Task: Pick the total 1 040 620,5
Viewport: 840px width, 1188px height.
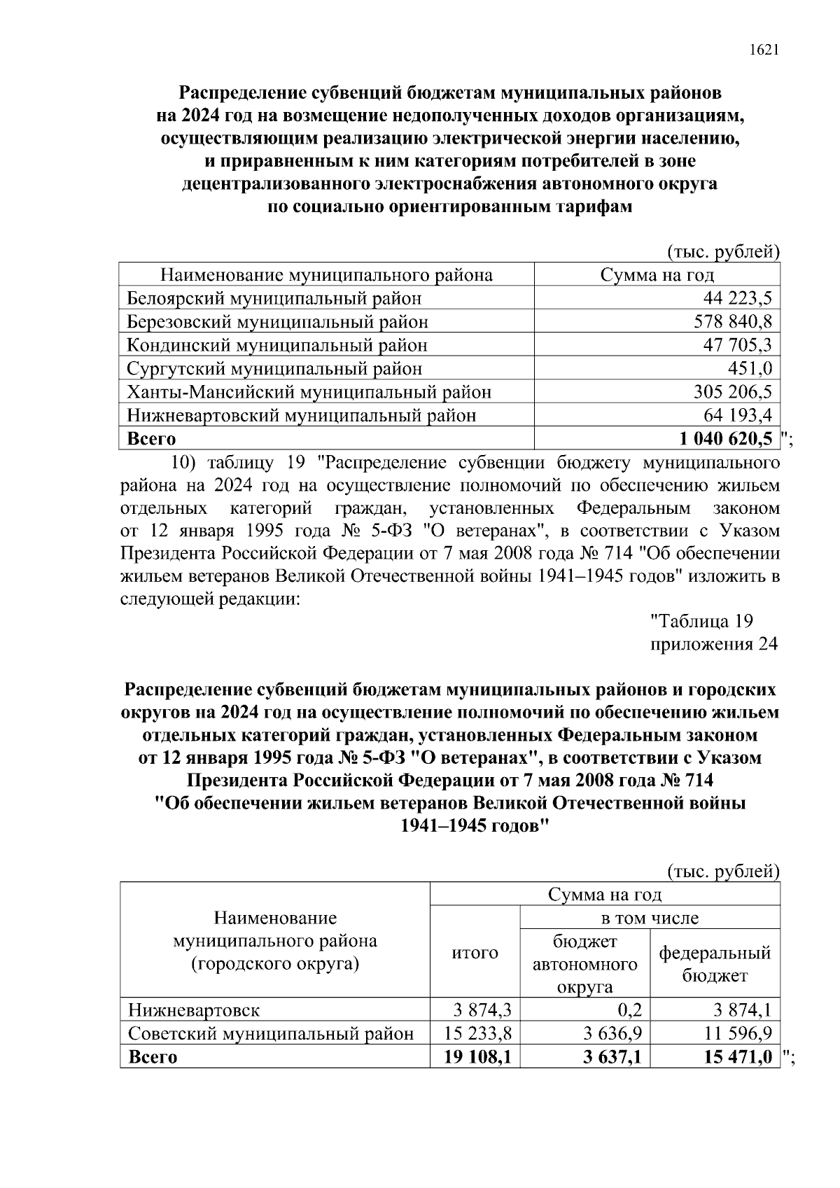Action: click(726, 439)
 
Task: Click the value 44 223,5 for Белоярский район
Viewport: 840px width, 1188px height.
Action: click(737, 299)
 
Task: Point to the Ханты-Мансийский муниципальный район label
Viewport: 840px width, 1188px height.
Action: click(309, 392)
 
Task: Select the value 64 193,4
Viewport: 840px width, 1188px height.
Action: click(737, 416)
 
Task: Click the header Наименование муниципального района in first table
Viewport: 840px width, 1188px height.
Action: click(326, 275)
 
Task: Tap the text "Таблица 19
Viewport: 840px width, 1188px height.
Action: click(701, 621)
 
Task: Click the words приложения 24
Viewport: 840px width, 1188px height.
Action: click(714, 644)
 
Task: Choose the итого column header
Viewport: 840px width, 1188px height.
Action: click(475, 953)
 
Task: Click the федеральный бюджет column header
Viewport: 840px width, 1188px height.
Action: click(715, 964)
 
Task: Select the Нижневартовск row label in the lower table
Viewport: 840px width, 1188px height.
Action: click(193, 1011)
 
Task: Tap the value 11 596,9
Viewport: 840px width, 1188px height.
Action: click(737, 1034)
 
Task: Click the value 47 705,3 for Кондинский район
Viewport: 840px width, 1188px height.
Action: click(737, 346)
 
